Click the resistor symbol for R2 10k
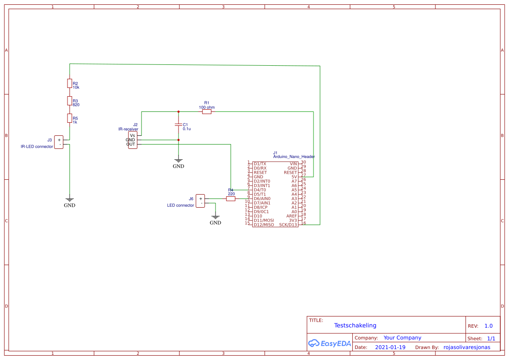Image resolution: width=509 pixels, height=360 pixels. (x=69, y=83)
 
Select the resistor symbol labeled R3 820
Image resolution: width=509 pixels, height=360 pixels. (x=69, y=101)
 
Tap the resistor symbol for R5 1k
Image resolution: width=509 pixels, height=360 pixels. (x=69, y=118)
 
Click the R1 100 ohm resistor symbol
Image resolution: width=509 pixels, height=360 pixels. (x=207, y=112)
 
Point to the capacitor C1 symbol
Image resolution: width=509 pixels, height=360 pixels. (x=179, y=125)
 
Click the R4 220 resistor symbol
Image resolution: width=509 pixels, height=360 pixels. (x=231, y=199)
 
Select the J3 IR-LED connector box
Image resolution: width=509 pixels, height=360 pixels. (x=59, y=142)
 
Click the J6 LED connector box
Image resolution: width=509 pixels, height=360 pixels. (x=200, y=201)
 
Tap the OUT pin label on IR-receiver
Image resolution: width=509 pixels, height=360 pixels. (x=131, y=144)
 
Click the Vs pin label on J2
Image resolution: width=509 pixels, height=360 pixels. (x=132, y=135)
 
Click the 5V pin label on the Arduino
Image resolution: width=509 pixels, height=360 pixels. (x=294, y=177)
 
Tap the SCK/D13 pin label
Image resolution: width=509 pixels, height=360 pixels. (x=288, y=225)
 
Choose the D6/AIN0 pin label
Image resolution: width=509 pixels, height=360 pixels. (x=262, y=199)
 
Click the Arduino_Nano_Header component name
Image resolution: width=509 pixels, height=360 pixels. (x=294, y=157)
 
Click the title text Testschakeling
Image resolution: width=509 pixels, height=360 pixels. (x=355, y=325)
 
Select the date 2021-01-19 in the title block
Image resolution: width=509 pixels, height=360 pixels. (x=390, y=347)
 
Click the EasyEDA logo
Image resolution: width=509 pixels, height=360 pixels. (x=330, y=343)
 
